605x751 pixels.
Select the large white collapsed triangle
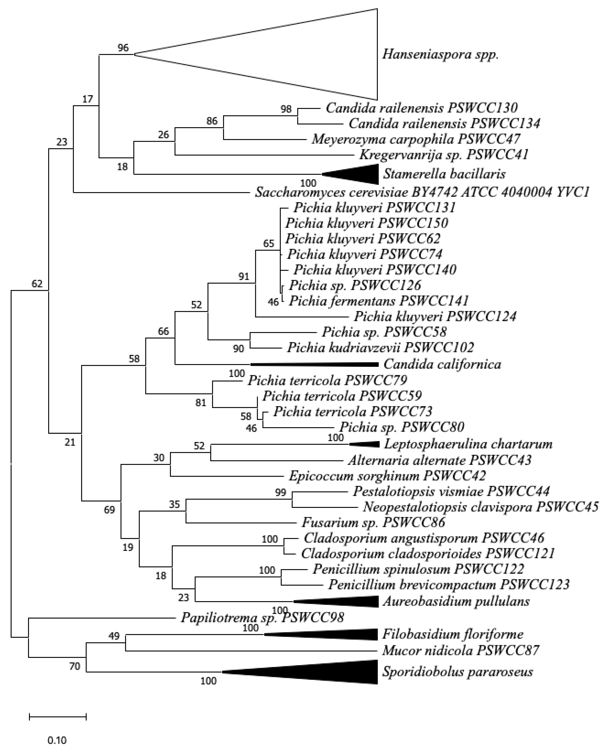[296, 54]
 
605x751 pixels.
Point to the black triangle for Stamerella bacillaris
[359, 174]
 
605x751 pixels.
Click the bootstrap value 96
[123, 48]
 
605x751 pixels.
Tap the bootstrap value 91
[244, 277]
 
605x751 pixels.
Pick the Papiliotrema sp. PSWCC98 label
[262, 618]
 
